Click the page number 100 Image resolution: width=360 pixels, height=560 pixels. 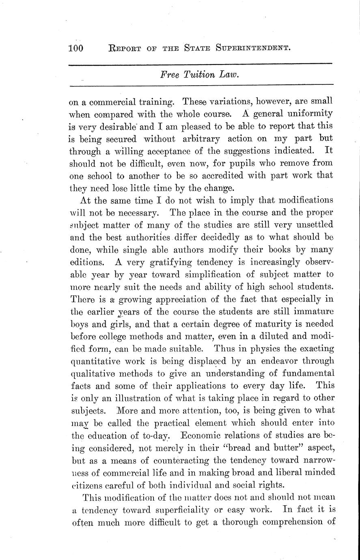(76, 48)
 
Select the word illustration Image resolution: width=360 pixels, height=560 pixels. (138, 398)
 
